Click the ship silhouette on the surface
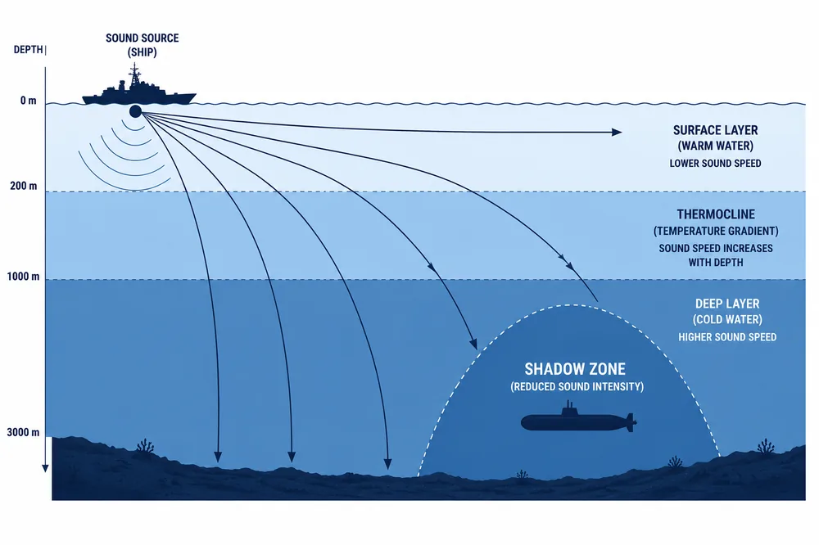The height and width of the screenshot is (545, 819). [x=139, y=92]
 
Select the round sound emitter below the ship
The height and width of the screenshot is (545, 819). [x=135, y=111]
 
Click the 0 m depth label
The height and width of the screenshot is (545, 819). [x=29, y=101]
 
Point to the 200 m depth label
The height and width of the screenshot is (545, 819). [x=24, y=186]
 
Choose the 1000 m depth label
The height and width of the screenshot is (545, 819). [x=23, y=276]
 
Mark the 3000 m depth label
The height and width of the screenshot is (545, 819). [x=23, y=432]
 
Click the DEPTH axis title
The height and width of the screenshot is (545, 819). [x=28, y=50]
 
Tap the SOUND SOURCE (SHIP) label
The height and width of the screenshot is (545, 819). [x=142, y=45]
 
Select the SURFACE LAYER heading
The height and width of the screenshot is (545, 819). [x=715, y=130]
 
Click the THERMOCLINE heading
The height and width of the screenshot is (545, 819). [x=716, y=214]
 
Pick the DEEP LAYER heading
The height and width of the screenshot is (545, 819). [x=727, y=304]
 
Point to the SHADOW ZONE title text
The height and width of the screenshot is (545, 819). [x=575, y=369]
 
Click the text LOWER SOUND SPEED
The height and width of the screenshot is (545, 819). [x=715, y=164]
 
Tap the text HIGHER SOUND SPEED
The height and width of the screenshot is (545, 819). [x=727, y=337]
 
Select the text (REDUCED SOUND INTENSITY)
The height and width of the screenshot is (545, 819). [x=577, y=387]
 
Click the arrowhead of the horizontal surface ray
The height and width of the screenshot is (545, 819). [x=617, y=132]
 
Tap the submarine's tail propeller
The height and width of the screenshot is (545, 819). [x=631, y=421]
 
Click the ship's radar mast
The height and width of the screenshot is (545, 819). [x=135, y=75]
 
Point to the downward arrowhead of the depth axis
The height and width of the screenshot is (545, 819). [x=45, y=467]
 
